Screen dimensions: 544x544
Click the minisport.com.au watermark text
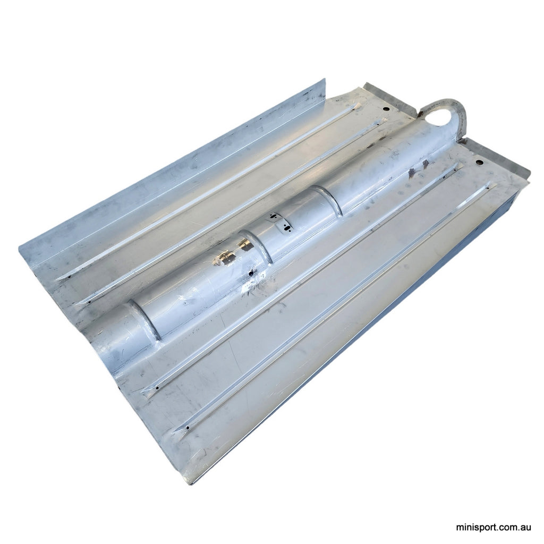[494, 528]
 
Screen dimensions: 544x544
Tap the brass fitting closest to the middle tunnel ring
[245, 245]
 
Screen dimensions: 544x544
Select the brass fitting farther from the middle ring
[224, 258]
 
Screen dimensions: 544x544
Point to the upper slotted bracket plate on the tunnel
[273, 217]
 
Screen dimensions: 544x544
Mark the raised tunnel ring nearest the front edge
[144, 319]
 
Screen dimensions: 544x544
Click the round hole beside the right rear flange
[479, 162]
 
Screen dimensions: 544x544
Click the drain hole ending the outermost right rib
[190, 427]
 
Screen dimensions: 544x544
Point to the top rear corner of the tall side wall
[324, 81]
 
